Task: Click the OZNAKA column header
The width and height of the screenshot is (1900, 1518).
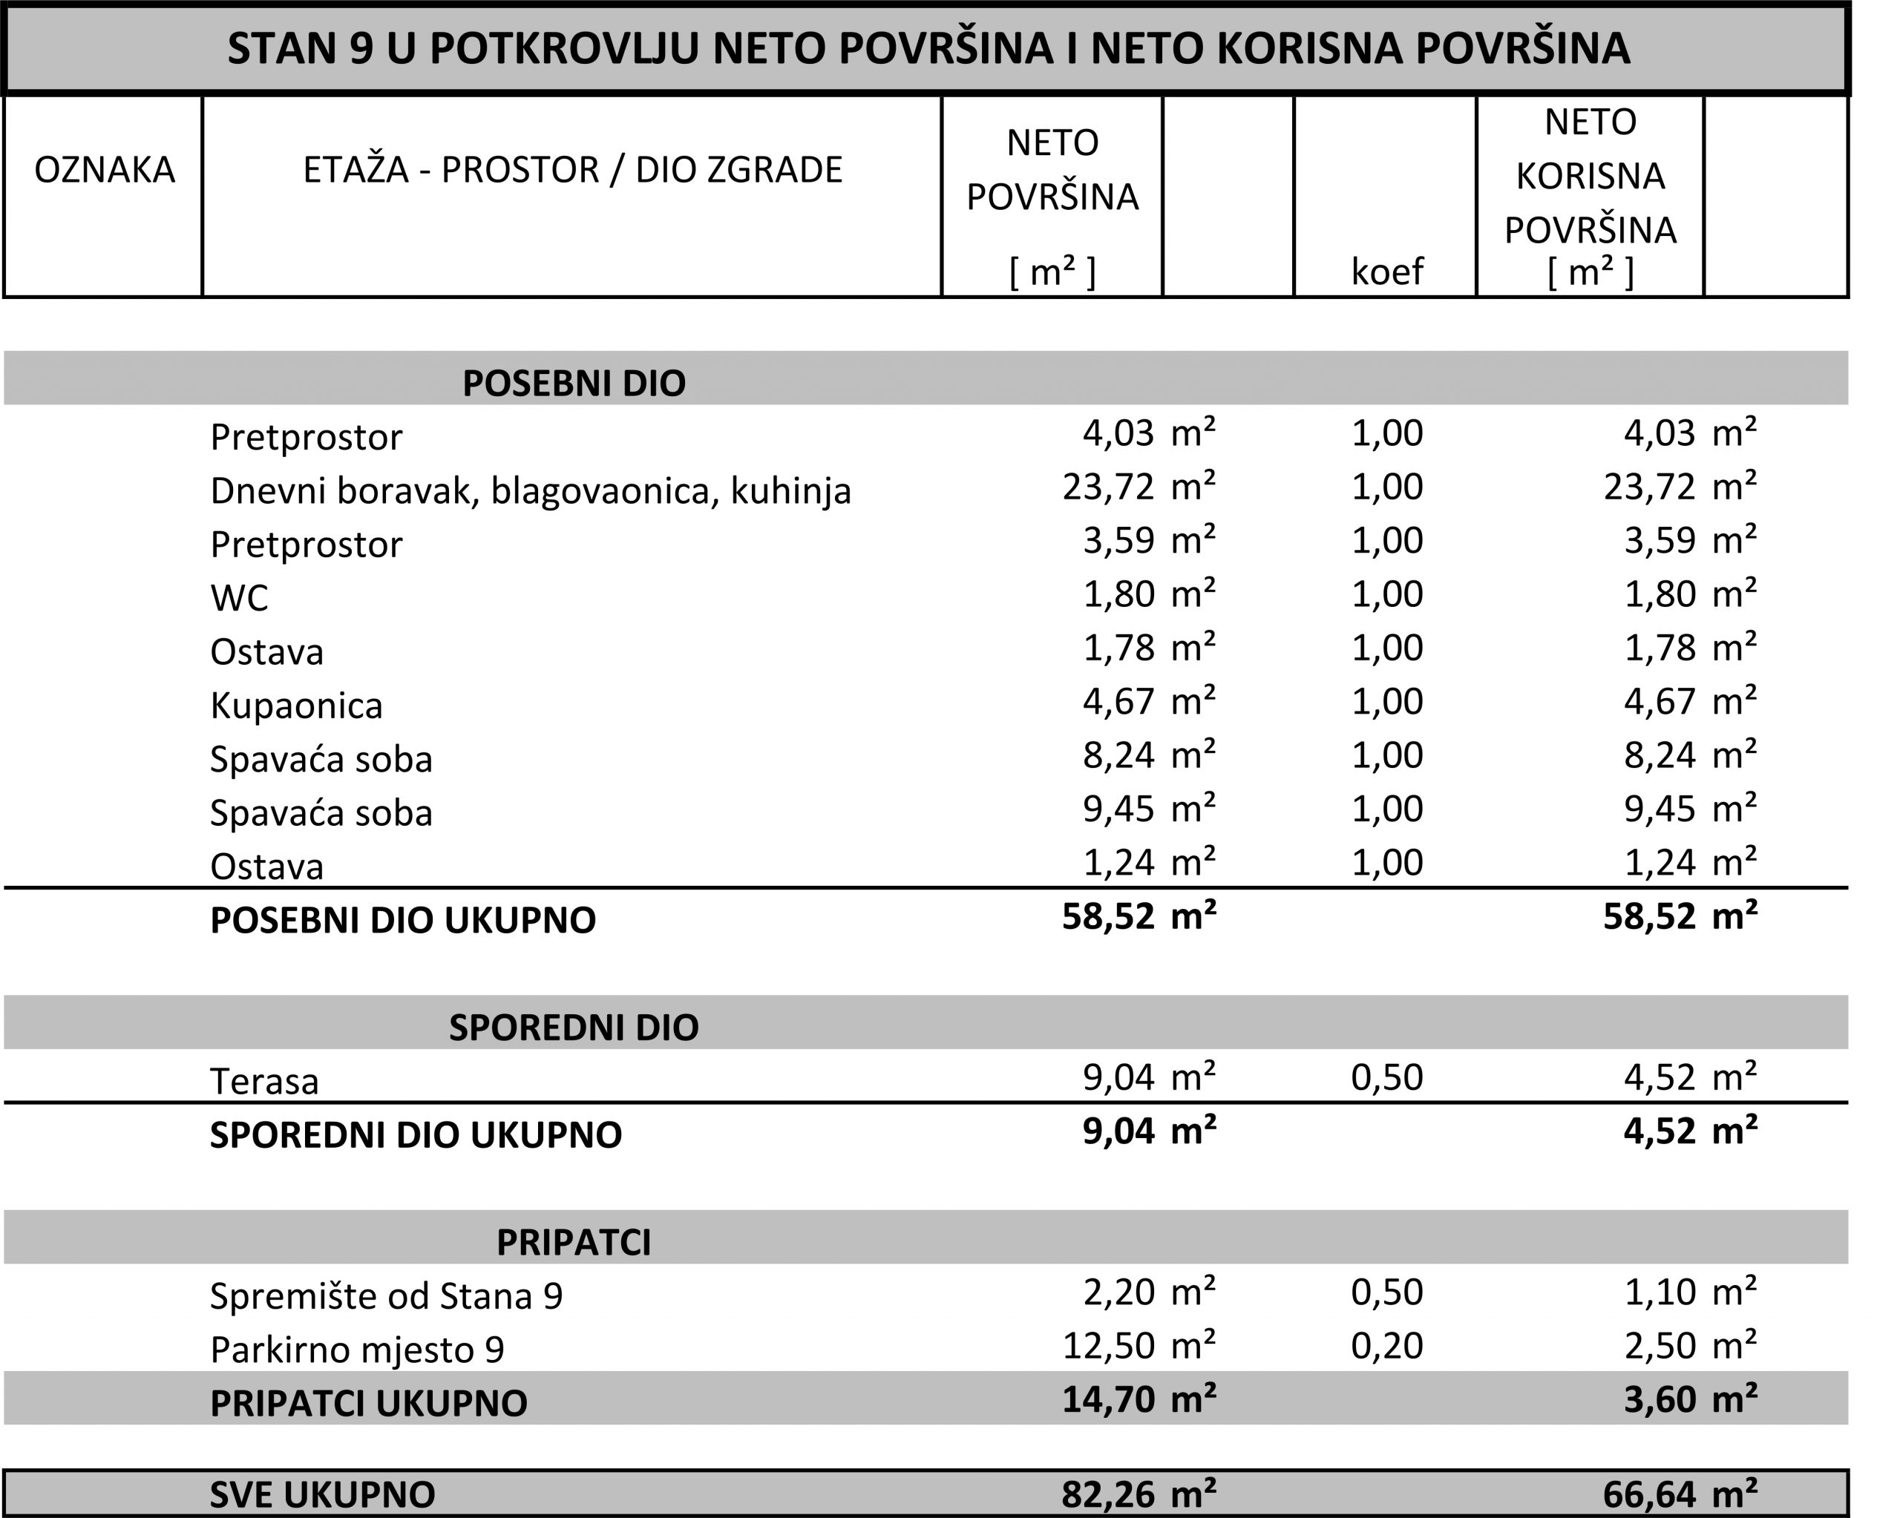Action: tap(104, 170)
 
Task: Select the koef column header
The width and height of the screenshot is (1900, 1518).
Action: tap(1386, 272)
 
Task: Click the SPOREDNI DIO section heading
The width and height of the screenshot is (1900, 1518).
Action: tap(574, 1028)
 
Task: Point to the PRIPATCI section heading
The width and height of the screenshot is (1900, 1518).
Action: tap(574, 1242)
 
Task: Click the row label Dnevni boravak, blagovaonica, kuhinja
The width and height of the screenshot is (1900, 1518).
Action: tap(531, 490)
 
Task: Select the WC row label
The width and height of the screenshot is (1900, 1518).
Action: tap(239, 598)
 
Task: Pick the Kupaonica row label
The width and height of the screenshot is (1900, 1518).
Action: tap(296, 706)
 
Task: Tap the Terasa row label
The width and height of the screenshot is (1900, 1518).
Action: tap(264, 1081)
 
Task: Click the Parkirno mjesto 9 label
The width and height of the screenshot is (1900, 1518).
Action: tap(357, 1350)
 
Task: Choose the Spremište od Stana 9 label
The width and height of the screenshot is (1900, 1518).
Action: tap(386, 1296)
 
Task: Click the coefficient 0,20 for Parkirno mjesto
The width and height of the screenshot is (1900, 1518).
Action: tap(1386, 1345)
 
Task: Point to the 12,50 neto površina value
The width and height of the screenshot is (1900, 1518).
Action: tap(1108, 1345)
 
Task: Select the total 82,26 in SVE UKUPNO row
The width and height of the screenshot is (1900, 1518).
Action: tap(1108, 1494)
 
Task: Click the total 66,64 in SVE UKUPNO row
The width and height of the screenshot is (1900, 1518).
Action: tap(1649, 1494)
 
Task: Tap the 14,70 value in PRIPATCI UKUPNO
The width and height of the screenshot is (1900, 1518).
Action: tap(1108, 1399)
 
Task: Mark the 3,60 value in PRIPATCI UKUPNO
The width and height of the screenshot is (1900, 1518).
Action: tap(1660, 1399)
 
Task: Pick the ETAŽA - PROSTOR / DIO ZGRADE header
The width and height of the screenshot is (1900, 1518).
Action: tap(573, 170)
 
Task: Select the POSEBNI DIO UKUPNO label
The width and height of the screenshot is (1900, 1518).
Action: tap(403, 921)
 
